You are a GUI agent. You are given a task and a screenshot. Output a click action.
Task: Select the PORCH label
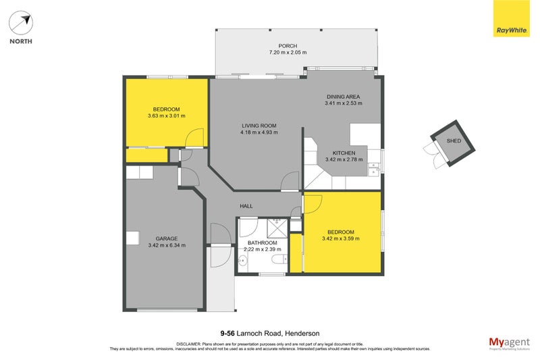[288, 46]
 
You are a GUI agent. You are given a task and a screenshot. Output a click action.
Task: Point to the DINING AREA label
[343, 97]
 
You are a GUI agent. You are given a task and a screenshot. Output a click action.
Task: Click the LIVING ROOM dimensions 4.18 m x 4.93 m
[259, 132]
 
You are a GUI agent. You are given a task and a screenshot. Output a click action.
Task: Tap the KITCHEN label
[344, 153]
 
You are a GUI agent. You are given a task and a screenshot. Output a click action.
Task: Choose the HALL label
[246, 206]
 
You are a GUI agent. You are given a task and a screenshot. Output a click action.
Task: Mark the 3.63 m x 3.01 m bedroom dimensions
[166, 115]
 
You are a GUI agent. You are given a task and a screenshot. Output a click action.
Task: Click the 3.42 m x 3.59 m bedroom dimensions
[342, 238]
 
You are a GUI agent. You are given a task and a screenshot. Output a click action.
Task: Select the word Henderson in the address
[301, 333]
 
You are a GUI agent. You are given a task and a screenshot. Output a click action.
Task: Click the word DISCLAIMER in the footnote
[192, 344]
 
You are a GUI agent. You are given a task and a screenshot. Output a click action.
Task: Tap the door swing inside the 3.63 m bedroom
[194, 139]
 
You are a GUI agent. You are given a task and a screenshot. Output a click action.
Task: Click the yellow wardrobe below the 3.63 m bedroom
[146, 155]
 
